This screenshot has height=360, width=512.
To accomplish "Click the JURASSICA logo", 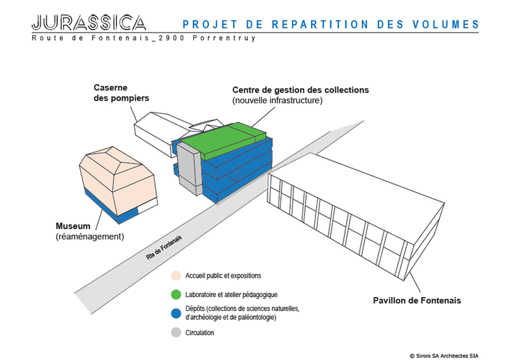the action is [x=89, y=23].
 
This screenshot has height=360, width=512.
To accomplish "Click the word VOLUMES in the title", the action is [x=445, y=25].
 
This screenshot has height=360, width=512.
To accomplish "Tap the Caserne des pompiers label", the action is [x=121, y=93].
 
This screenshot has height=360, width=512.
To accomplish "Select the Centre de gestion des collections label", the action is [x=300, y=90].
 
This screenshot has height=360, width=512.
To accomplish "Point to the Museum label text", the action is [x=73, y=226].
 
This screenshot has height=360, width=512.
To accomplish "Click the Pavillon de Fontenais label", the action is [x=417, y=300].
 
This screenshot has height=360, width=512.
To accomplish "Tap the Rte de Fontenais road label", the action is [x=164, y=248].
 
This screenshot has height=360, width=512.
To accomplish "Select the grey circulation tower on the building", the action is [x=190, y=169].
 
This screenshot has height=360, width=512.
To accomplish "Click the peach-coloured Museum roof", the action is [x=117, y=179].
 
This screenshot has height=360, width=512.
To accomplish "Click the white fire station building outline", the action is [x=157, y=133].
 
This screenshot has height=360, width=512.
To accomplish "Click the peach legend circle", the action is [x=176, y=276].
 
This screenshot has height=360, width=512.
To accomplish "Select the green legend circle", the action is [x=176, y=295].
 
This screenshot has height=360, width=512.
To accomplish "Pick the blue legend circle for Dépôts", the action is [x=176, y=313].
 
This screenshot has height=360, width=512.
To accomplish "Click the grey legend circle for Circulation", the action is [x=176, y=332].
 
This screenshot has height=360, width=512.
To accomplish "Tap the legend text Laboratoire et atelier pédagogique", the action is [x=231, y=295].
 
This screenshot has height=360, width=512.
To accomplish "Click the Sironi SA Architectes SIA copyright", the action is [x=444, y=356].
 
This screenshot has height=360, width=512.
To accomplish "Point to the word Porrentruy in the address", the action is [x=224, y=38].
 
